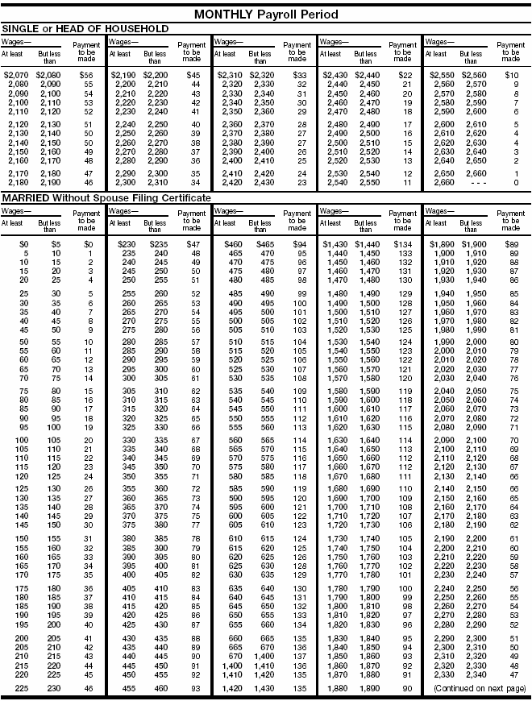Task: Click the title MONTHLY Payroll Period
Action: [x=266, y=15]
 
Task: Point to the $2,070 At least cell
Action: [x=16, y=75]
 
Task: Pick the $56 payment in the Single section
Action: [x=86, y=75]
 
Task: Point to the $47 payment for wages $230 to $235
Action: [x=193, y=243]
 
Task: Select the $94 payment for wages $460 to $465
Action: [x=299, y=243]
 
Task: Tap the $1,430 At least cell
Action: [x=334, y=243]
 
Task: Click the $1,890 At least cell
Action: [x=439, y=243]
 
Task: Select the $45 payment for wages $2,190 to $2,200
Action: [x=193, y=75]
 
